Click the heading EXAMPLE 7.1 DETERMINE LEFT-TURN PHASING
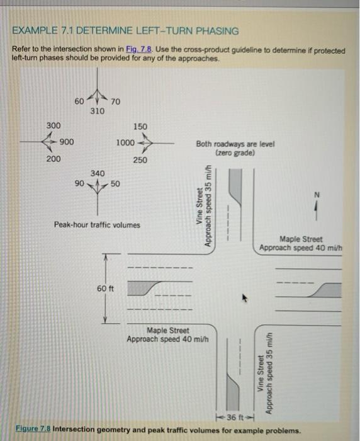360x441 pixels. pos(125,31)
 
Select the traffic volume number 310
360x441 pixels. pos(97,111)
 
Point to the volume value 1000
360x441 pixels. pos(125,143)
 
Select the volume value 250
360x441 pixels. pos(140,160)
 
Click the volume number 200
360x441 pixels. pos(53,159)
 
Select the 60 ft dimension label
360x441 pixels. pos(105,289)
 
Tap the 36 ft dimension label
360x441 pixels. pos(233,418)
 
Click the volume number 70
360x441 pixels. pos(116,101)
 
